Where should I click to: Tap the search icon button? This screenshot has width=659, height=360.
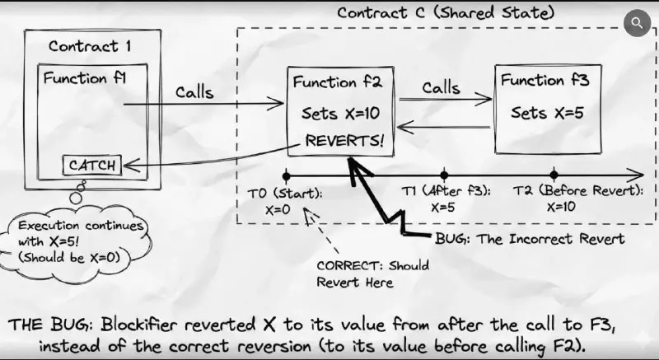pos(637,23)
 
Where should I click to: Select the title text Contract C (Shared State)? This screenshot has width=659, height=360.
pos(446,12)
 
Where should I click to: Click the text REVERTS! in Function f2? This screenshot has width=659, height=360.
pos(344,140)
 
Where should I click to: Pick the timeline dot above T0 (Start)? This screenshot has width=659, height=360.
pos(284,175)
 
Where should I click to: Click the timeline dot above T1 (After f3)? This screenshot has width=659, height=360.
pos(444,175)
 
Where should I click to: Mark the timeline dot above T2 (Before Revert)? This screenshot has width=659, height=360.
pos(554,175)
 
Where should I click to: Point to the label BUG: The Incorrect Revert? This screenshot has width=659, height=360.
pos(530,239)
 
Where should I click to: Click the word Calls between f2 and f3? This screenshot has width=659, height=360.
pos(441,86)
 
